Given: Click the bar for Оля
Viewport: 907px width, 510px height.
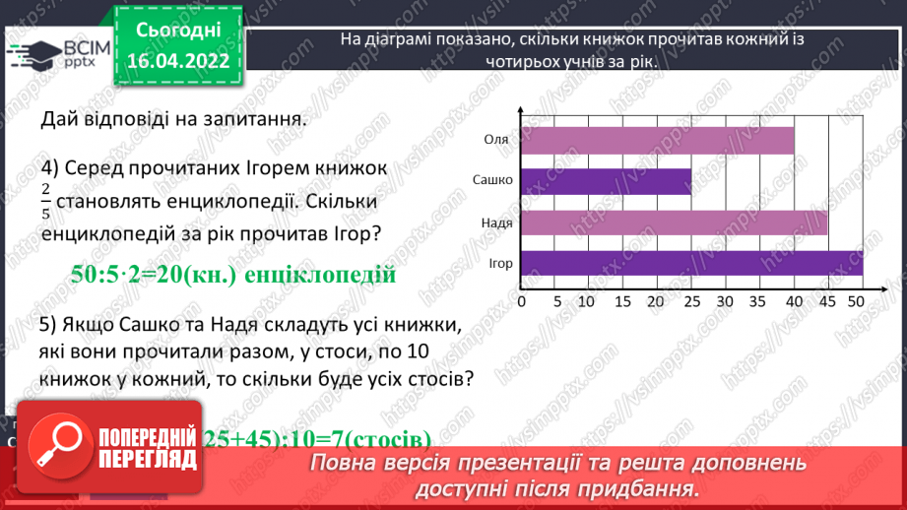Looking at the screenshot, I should click(657, 140).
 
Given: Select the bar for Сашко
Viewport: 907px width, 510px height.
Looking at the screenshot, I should click(606, 181).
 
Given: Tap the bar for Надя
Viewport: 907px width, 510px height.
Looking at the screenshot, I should click(674, 223).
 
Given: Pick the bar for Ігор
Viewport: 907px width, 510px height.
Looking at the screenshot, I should click(691, 264).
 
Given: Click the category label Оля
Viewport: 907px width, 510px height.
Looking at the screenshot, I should click(496, 140).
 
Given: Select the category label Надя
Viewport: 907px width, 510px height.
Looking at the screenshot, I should click(495, 223).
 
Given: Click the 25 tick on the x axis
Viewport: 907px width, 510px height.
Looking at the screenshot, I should click(691, 300).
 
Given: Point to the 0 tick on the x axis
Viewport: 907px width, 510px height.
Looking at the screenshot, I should click(521, 300).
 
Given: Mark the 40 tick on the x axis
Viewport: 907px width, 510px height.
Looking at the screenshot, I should click(794, 300).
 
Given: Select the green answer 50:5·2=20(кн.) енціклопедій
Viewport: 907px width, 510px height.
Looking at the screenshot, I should click(233, 274).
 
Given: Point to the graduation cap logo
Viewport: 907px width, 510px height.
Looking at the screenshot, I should click(32, 52).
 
